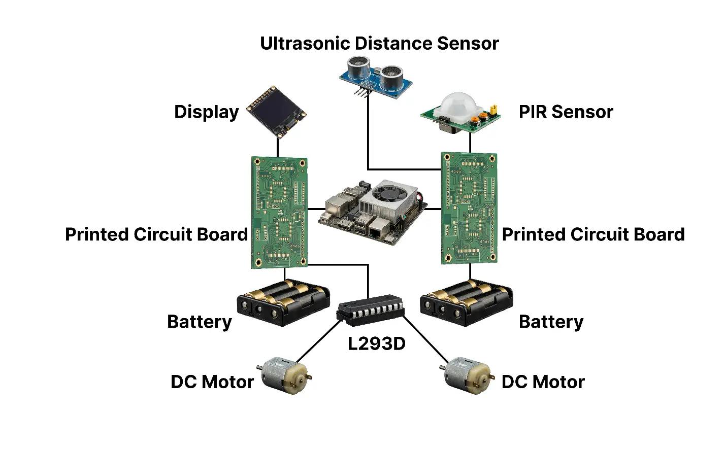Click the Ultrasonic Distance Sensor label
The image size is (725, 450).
pyautogui.click(x=379, y=44)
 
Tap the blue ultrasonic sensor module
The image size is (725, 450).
pyautogui.click(x=376, y=76)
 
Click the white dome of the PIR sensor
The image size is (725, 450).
pyautogui.click(x=458, y=106)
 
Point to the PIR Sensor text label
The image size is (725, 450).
pyautogui.click(x=566, y=112)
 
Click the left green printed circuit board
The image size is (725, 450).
pyautogui.click(x=279, y=213)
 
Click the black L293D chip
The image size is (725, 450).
pyautogui.click(x=371, y=309)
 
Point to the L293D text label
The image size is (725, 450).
pyautogui.click(x=376, y=344)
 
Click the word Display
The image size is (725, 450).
pyautogui.click(x=206, y=112)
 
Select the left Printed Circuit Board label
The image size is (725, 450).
pyautogui.click(x=156, y=234)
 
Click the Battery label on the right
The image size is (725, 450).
pyautogui.click(x=551, y=322)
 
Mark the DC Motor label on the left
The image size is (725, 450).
pyautogui.click(x=212, y=382)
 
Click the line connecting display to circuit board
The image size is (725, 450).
pyautogui.click(x=278, y=147)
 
